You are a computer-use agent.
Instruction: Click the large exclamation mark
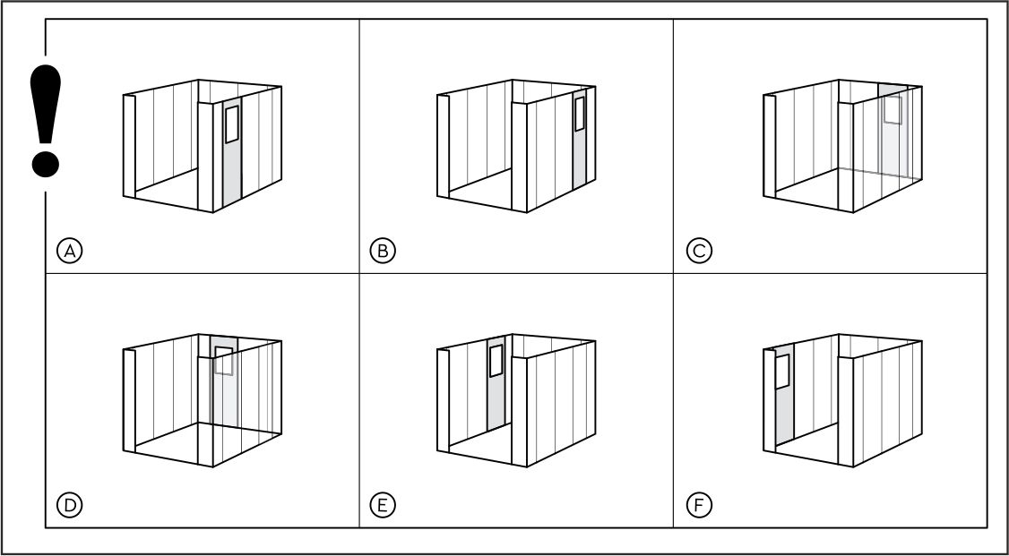(46, 120)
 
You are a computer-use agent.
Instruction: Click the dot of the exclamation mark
(46, 163)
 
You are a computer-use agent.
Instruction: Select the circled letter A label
(70, 251)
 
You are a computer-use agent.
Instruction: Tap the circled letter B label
(383, 251)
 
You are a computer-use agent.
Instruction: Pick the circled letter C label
(699, 251)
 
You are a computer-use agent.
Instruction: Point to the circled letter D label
(70, 505)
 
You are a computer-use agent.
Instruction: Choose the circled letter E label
(383, 505)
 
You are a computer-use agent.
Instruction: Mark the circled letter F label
(699, 505)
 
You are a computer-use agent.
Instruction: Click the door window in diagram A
(232, 124)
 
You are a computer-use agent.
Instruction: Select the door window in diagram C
(893, 109)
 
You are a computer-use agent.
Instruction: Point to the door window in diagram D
(223, 361)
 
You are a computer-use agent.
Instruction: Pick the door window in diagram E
(496, 361)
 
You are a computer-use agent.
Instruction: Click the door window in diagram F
(782, 372)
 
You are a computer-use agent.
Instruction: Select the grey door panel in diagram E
(496, 383)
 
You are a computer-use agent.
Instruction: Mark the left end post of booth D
(129, 400)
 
